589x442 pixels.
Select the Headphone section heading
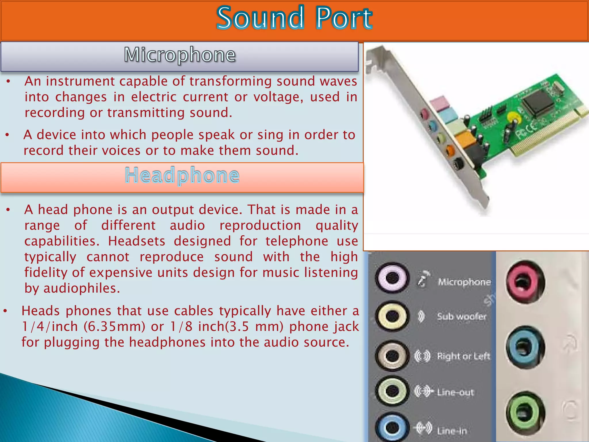(x=182, y=175)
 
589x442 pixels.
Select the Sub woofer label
(x=462, y=317)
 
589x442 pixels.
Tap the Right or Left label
(x=463, y=356)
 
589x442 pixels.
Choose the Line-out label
(x=455, y=392)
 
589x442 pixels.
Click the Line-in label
(x=452, y=431)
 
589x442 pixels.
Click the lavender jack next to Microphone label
(x=392, y=278)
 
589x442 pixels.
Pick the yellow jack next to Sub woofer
(x=392, y=316)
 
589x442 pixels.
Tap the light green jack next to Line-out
(x=392, y=391)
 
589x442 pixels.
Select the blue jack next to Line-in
(x=392, y=427)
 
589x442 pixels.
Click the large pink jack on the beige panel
(x=525, y=281)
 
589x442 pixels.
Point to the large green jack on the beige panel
(x=525, y=413)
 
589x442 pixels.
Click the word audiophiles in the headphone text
(x=82, y=288)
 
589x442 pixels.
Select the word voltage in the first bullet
(x=278, y=97)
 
